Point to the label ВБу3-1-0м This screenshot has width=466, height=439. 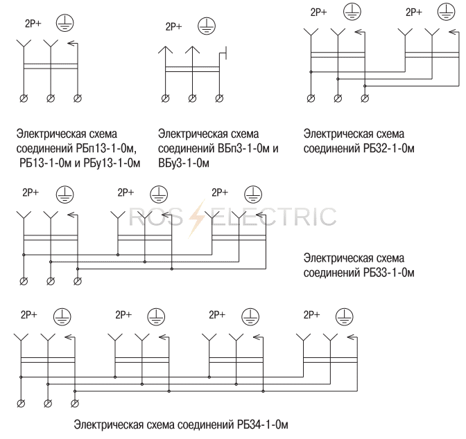pos(183,163)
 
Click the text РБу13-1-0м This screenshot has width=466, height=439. pos(113,163)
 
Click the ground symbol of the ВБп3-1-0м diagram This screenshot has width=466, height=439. pos(207,26)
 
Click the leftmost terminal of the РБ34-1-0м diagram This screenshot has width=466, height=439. pos(21,404)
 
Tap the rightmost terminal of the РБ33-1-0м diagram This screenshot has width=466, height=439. pos(77,280)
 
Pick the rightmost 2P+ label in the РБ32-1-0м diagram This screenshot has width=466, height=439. pos(413,12)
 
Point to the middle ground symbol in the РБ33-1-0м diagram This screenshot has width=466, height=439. pos(159,193)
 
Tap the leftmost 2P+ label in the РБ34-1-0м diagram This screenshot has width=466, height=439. pos(30,314)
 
